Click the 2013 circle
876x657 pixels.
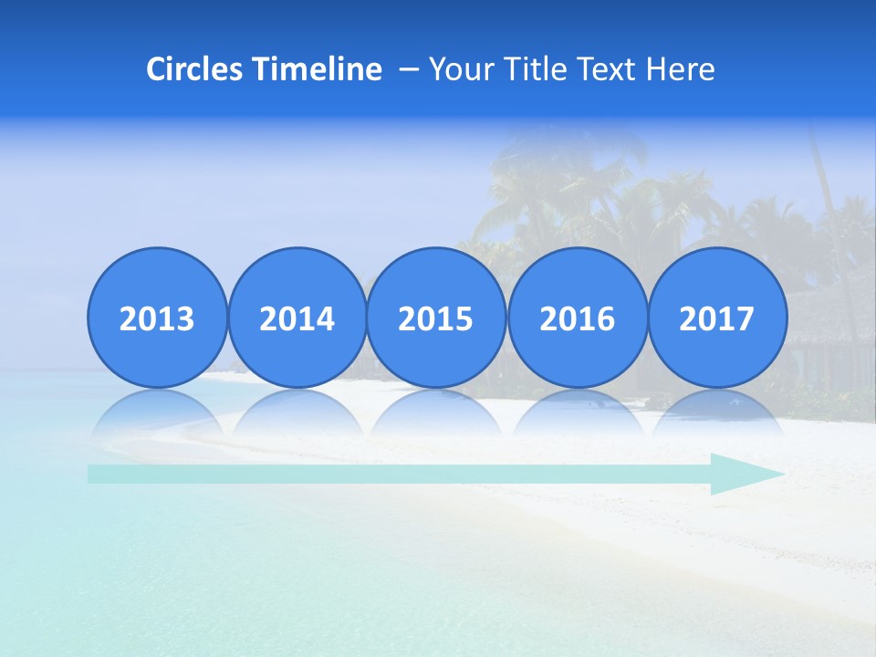(157, 318)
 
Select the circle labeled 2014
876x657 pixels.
(297, 318)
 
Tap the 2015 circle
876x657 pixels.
(436, 318)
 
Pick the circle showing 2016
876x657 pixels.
(577, 318)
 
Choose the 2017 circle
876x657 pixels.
(717, 318)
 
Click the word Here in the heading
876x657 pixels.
(681, 69)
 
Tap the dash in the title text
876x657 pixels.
(410, 69)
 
